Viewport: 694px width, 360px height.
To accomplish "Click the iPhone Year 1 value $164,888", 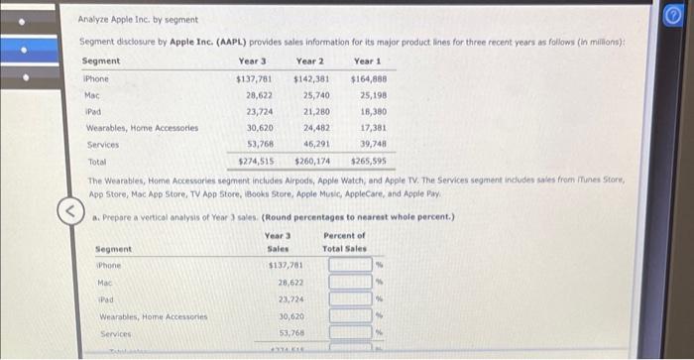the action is tap(369, 79).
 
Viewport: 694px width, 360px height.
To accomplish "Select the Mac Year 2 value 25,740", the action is tap(314, 95).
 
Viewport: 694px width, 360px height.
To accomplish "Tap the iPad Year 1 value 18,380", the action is tap(373, 111).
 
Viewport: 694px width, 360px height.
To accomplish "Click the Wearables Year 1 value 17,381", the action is tap(373, 127).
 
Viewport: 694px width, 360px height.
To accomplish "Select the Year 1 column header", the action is tap(367, 62).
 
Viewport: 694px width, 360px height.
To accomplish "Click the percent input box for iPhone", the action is tap(350, 265).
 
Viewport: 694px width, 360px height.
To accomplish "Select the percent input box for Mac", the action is tap(350, 283).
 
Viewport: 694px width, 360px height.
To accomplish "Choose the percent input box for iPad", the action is tap(350, 300).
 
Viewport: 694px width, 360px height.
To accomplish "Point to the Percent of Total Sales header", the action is tap(344, 241).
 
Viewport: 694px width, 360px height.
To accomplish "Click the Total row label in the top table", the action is tap(96, 160).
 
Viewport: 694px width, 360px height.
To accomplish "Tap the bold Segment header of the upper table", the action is tap(101, 62).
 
